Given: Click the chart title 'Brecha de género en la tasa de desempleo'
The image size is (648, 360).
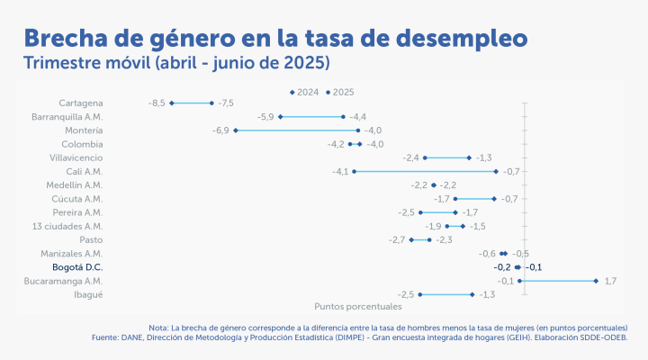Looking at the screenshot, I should (274, 38).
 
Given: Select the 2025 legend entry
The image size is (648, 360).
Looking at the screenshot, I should (340, 92).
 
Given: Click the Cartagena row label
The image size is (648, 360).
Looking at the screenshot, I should (80, 103).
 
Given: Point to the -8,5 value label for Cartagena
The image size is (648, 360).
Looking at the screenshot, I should (156, 103).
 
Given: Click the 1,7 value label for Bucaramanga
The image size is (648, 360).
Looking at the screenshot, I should (609, 281).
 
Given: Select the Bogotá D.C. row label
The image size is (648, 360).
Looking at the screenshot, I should (77, 267).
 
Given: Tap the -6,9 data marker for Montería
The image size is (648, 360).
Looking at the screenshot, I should (236, 130).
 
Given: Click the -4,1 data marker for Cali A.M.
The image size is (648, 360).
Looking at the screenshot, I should (355, 171).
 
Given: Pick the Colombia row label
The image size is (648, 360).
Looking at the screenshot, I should (82, 144).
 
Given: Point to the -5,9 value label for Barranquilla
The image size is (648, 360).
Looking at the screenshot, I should (265, 117).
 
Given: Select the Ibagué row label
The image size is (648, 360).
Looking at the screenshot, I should (88, 294).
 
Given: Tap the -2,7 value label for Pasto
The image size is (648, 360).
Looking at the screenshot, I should (397, 240).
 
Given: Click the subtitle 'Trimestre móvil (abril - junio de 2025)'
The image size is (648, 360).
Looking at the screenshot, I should (177, 64).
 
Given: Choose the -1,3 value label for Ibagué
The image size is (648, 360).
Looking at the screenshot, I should (487, 294).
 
